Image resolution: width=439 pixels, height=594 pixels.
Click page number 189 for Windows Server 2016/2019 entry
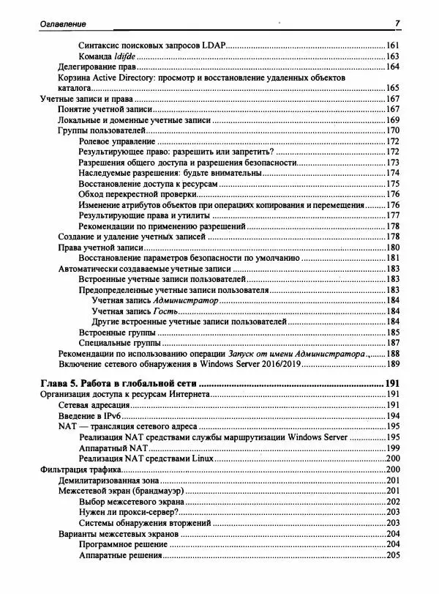pyautogui.click(x=393, y=364)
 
